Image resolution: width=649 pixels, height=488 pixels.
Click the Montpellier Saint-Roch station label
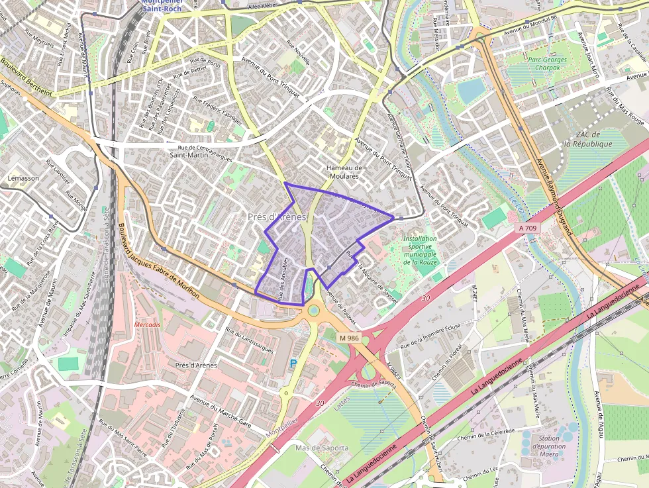(162, 5)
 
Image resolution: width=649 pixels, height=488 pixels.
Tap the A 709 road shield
(528, 228)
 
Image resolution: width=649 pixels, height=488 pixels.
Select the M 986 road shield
(349, 338)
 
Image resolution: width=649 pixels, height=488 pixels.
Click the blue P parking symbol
(293, 363)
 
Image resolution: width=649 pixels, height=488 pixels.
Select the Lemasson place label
(23, 178)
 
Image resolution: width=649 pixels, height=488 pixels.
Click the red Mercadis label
(147, 325)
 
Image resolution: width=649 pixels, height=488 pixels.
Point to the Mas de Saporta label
(322, 448)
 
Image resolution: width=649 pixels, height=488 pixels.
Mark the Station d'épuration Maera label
(548, 446)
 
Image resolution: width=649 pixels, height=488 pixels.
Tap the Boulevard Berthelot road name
(26, 76)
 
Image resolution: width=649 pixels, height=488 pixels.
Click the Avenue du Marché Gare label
(221, 411)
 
